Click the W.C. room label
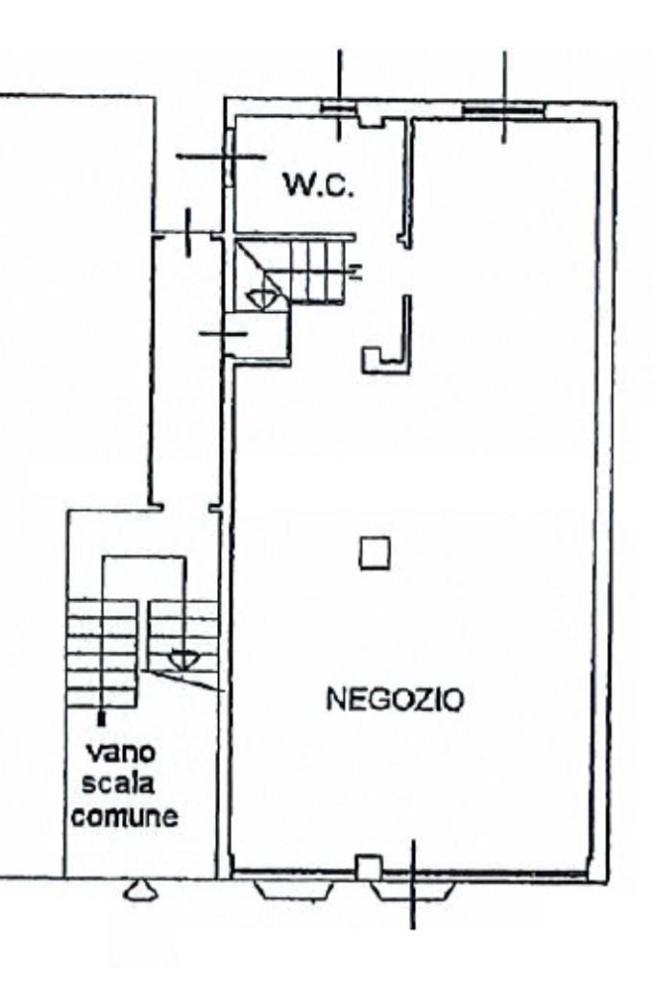point(319,184)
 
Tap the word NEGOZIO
point(394,701)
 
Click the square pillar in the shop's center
point(375,554)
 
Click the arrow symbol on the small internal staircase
point(260,299)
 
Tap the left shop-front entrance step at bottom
point(294,890)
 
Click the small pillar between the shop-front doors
point(367,868)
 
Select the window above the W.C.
point(337,108)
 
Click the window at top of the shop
point(503,108)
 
